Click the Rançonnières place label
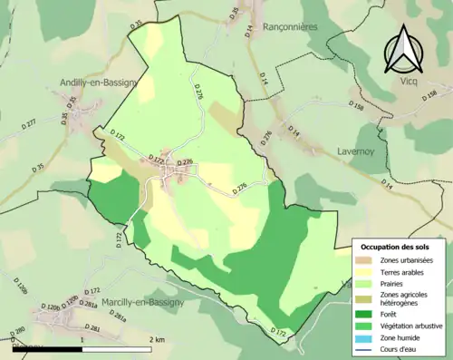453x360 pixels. [290, 27]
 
